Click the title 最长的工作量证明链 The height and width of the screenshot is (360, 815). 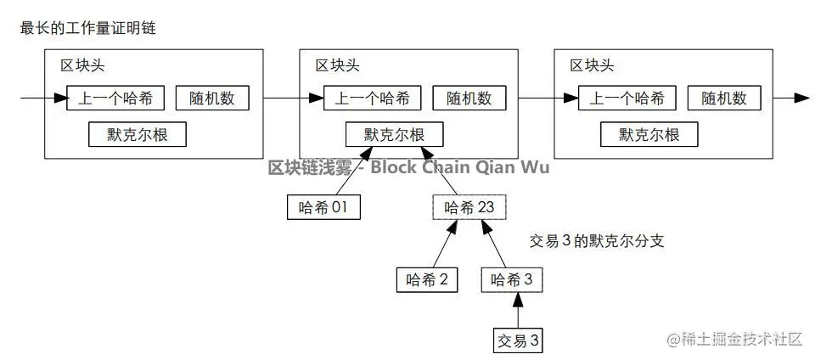click(x=87, y=29)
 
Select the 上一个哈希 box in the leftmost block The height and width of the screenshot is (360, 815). click(x=115, y=98)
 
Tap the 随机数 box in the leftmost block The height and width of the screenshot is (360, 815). click(x=212, y=98)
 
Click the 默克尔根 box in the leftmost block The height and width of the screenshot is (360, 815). click(x=137, y=134)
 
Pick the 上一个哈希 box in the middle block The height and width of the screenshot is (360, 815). click(x=372, y=98)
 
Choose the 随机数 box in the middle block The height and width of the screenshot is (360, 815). click(x=469, y=98)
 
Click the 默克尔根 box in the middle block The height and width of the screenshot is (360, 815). click(x=394, y=134)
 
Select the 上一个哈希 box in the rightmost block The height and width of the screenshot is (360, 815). click(x=627, y=98)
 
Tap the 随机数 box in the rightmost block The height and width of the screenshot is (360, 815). click(x=724, y=98)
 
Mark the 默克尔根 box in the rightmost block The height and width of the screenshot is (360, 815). click(x=649, y=134)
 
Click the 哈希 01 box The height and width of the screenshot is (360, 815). click(x=323, y=207)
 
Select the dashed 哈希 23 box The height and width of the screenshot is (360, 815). click(x=469, y=207)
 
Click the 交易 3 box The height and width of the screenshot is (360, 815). click(x=517, y=340)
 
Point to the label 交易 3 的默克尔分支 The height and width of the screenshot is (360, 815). click(x=596, y=241)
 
